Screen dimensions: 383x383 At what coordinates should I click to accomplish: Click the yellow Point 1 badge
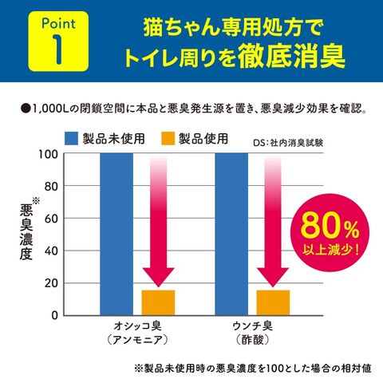58,41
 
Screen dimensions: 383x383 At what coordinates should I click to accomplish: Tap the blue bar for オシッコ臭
116,235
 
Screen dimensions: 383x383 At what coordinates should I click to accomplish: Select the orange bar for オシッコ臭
158,303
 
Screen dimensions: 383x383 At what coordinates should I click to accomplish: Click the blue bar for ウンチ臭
231,235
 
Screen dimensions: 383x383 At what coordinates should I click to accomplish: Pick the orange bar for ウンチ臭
273,303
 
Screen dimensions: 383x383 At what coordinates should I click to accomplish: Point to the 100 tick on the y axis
48,154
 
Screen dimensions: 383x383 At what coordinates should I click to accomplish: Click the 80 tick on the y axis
51,187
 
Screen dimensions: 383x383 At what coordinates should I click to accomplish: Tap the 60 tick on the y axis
51,219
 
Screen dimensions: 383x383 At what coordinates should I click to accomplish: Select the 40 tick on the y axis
51,251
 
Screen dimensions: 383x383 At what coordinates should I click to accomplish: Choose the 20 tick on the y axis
51,283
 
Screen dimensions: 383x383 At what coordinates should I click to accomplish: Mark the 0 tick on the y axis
54,315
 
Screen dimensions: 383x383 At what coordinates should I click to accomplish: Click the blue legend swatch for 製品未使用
71,139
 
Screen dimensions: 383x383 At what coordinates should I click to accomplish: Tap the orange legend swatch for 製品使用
168,139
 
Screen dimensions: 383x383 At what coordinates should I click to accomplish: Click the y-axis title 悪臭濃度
26,232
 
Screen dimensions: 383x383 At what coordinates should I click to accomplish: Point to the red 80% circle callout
330,233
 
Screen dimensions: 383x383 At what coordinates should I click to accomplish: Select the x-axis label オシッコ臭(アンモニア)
137,333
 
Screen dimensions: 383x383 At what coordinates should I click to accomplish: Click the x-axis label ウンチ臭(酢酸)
253,333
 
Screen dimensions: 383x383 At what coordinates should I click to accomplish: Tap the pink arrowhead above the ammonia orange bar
158,278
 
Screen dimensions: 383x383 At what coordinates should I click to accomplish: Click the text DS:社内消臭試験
288,143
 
